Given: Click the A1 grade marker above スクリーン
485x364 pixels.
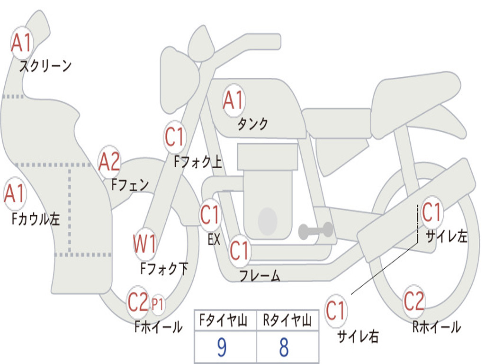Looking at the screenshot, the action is (x=22, y=43).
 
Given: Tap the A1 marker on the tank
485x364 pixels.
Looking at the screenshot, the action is (x=234, y=100).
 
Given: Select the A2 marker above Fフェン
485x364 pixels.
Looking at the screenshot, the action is (x=109, y=162).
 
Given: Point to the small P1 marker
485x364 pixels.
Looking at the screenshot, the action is (x=157, y=304).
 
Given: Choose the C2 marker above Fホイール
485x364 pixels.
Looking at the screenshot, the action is (x=138, y=302).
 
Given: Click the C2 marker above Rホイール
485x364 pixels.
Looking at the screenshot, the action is (x=414, y=301).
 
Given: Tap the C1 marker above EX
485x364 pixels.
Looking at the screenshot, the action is (x=210, y=215).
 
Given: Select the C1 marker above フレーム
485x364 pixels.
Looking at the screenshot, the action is (x=240, y=250).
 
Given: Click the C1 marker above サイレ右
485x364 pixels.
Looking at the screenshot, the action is (x=336, y=310).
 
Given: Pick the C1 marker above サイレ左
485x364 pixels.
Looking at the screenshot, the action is (x=432, y=212).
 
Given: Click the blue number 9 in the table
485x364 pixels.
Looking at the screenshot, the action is (x=222, y=347).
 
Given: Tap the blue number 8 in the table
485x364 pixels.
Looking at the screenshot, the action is (x=284, y=347).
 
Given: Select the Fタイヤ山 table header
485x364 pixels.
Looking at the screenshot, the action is (x=223, y=320).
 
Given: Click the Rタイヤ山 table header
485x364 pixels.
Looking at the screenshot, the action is (x=287, y=320).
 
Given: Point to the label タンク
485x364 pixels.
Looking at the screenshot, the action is (x=252, y=124).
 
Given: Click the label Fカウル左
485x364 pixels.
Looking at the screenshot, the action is (x=36, y=219).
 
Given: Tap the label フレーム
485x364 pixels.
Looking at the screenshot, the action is (x=260, y=275).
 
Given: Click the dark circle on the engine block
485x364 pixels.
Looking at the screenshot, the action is (x=268, y=221).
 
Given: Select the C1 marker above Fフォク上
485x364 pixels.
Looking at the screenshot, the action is (x=175, y=137).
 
